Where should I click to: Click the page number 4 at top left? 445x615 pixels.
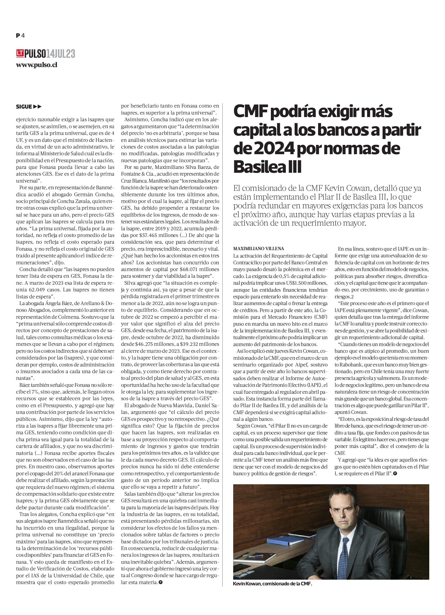[x=23, y=36]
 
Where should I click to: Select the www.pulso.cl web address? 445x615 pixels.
[x=37, y=65]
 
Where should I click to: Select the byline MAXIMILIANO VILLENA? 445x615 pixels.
[x=258, y=248]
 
